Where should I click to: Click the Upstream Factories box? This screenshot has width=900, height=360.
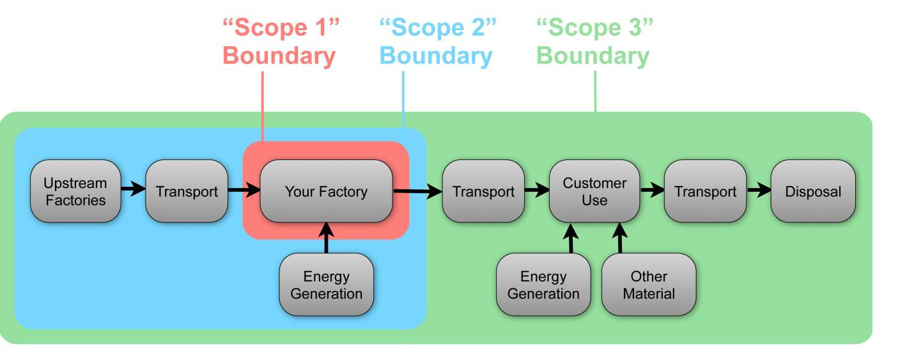click(x=75, y=191)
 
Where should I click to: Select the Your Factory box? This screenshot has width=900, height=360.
click(x=326, y=191)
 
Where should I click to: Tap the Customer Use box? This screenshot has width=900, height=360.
click(x=594, y=191)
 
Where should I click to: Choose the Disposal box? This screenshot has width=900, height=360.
click(x=813, y=191)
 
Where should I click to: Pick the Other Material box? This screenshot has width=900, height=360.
click(x=649, y=285)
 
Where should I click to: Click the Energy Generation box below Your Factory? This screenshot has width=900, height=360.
click(x=326, y=285)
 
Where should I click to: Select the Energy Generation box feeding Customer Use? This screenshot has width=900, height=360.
click(x=543, y=285)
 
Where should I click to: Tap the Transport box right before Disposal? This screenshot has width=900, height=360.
click(x=705, y=191)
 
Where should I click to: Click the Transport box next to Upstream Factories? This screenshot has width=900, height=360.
click(x=187, y=191)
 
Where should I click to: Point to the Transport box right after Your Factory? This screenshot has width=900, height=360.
click(x=483, y=191)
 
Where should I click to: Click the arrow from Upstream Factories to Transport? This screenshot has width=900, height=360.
click(x=133, y=190)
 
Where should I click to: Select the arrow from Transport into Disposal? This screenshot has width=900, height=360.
click(x=759, y=191)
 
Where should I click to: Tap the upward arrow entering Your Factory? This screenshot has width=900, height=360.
click(x=327, y=238)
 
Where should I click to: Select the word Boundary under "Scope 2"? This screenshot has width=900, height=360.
click(x=436, y=56)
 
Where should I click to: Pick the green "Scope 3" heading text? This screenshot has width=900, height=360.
click(x=594, y=28)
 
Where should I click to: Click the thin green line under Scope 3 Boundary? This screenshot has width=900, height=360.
click(x=595, y=91)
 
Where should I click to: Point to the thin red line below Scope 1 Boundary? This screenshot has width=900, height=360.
click(x=263, y=106)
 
